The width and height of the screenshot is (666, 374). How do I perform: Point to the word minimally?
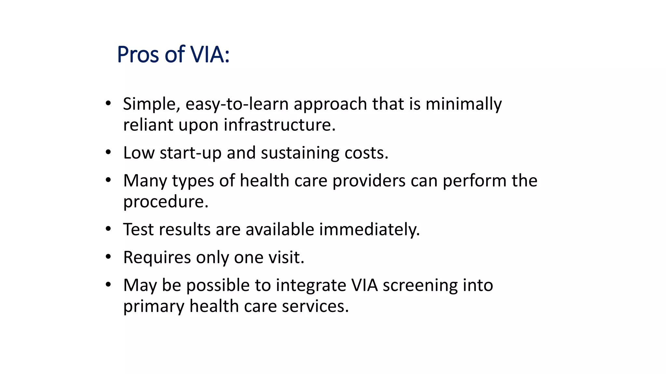463,105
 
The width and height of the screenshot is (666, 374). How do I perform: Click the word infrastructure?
279,125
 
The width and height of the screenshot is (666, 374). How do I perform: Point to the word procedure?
166,202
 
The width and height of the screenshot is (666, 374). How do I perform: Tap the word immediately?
369,230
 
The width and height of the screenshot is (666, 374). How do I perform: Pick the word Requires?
157,258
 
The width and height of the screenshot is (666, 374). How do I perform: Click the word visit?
286,258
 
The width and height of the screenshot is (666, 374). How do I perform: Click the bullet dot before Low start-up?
108,152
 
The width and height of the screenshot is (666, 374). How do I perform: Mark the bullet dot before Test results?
108,229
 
